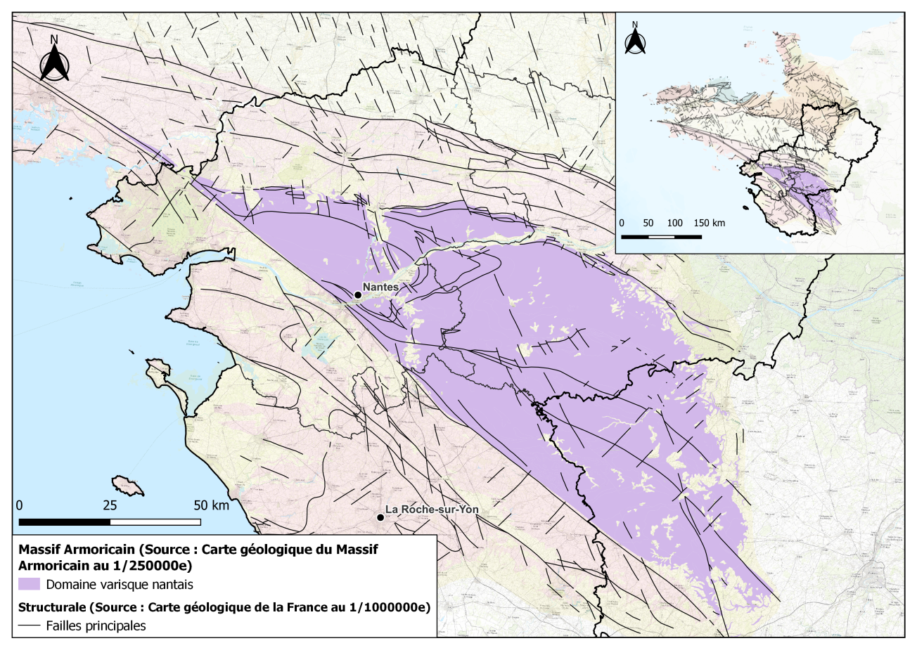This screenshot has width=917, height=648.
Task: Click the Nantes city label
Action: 380,287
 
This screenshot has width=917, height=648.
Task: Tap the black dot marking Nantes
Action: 357,295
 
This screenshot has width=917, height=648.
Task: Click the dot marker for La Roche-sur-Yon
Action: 380,518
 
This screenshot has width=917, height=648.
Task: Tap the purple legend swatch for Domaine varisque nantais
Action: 29,583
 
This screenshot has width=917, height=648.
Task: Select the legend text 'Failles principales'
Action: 95,626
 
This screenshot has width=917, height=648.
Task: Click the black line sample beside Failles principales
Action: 29,626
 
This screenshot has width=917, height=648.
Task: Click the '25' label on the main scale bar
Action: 110,505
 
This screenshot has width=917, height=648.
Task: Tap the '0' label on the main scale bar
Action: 20,505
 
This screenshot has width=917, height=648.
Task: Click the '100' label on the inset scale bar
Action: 675,223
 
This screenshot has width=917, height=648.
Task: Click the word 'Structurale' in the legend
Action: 48,606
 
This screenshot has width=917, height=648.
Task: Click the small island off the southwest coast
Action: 127,485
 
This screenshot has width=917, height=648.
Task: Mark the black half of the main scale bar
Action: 65,522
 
